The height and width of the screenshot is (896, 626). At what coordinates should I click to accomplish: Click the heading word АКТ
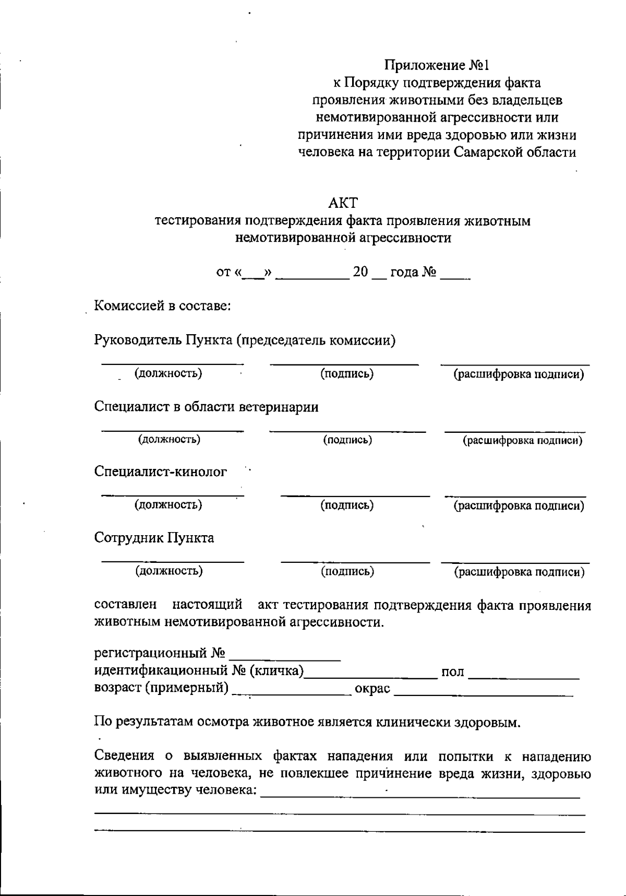coord(343,203)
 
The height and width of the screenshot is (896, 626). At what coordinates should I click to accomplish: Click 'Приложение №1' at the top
coord(437,65)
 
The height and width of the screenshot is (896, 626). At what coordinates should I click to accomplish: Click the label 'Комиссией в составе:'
coord(162,305)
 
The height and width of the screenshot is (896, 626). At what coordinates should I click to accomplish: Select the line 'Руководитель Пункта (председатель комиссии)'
coord(245,340)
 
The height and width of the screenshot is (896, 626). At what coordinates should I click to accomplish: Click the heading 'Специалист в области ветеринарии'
coord(206,407)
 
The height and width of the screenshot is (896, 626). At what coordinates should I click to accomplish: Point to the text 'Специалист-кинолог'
coord(161,472)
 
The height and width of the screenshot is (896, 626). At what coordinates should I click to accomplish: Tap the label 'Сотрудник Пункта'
coord(154,538)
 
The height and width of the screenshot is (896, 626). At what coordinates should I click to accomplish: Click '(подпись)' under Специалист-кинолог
coord(347,505)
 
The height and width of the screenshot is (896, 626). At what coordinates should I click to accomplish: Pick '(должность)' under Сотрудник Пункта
coord(169,571)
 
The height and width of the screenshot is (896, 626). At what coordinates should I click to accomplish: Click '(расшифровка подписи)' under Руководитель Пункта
coord(519,374)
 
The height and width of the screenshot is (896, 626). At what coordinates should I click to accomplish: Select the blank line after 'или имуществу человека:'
coord(420,796)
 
